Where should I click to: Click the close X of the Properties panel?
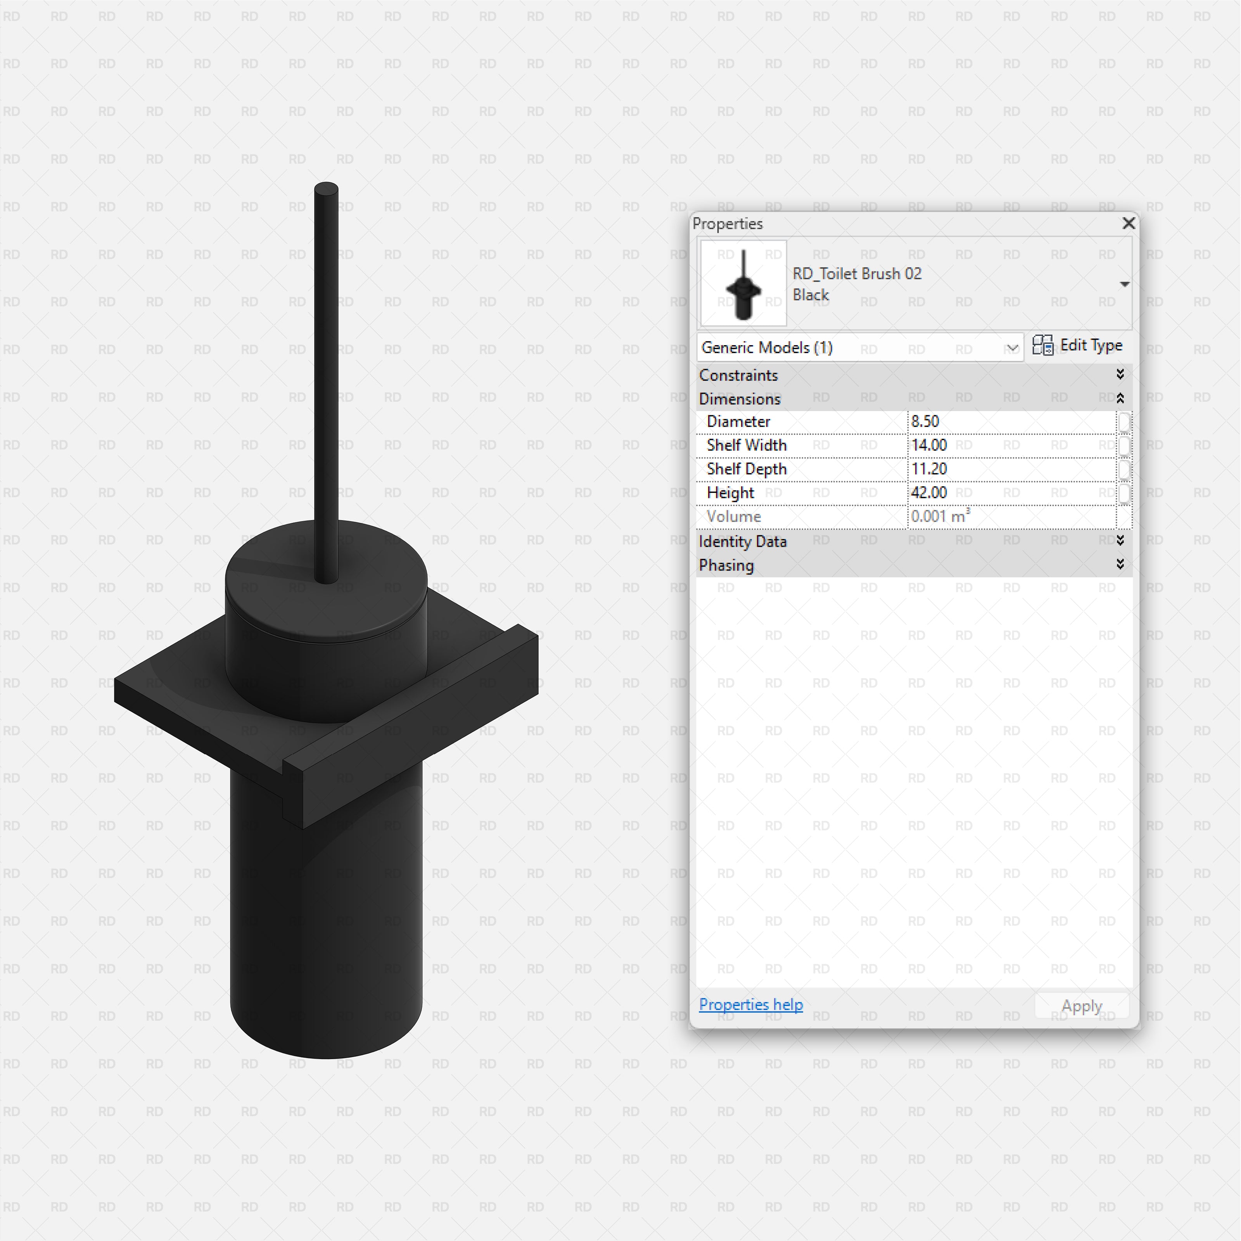(x=1128, y=223)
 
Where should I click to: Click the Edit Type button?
(x=1078, y=346)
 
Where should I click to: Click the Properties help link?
(x=750, y=1004)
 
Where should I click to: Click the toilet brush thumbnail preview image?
(x=743, y=283)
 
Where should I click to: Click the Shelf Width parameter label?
(x=747, y=446)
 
